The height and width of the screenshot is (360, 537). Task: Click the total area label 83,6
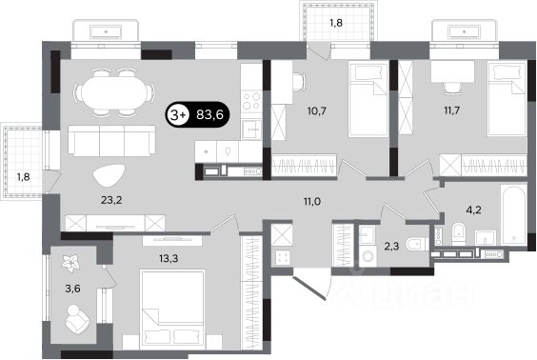[x=209, y=114]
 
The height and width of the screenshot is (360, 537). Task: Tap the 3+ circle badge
[x=178, y=114]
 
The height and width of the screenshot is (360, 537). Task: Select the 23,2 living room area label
[x=111, y=200]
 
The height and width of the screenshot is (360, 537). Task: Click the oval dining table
[x=114, y=92]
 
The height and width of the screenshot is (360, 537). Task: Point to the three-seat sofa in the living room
[x=111, y=140]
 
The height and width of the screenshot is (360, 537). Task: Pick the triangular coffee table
[x=109, y=175]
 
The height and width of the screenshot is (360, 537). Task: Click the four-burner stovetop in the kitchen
[x=251, y=101]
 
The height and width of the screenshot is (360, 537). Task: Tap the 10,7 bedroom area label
[x=316, y=111]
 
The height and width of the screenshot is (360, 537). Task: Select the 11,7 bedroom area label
[x=451, y=110]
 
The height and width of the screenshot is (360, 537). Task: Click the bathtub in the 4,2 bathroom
[x=514, y=214]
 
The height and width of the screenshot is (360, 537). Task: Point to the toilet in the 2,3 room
[x=417, y=244]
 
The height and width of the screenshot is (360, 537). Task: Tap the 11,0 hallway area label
[x=311, y=201]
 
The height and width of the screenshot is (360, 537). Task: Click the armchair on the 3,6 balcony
[x=77, y=319]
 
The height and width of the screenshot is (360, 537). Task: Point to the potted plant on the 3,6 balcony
[x=71, y=262]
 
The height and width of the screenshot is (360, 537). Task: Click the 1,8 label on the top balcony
[x=335, y=23]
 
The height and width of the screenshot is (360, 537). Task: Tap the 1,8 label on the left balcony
[x=23, y=177]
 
